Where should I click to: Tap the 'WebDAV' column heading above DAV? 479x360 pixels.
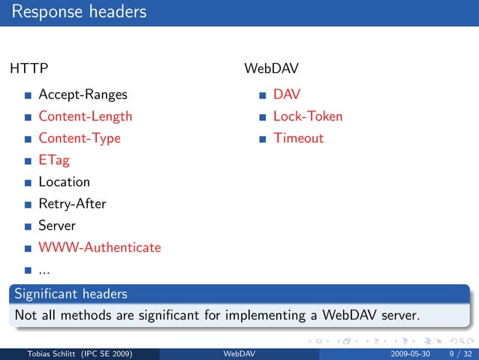coord(271,69)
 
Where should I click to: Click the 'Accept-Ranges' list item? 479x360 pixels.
coord(83,95)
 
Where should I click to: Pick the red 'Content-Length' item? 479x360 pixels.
coord(85,116)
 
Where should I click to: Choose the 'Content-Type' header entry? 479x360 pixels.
coord(79,138)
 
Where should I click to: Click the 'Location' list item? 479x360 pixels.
coord(64,182)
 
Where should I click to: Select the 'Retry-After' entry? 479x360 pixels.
coord(72,204)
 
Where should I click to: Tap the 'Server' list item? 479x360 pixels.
coord(57,225)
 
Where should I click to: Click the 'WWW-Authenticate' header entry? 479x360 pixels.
coord(99,247)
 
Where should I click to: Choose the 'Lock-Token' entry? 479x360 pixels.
coord(307,116)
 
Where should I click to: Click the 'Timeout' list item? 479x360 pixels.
coord(298,138)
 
